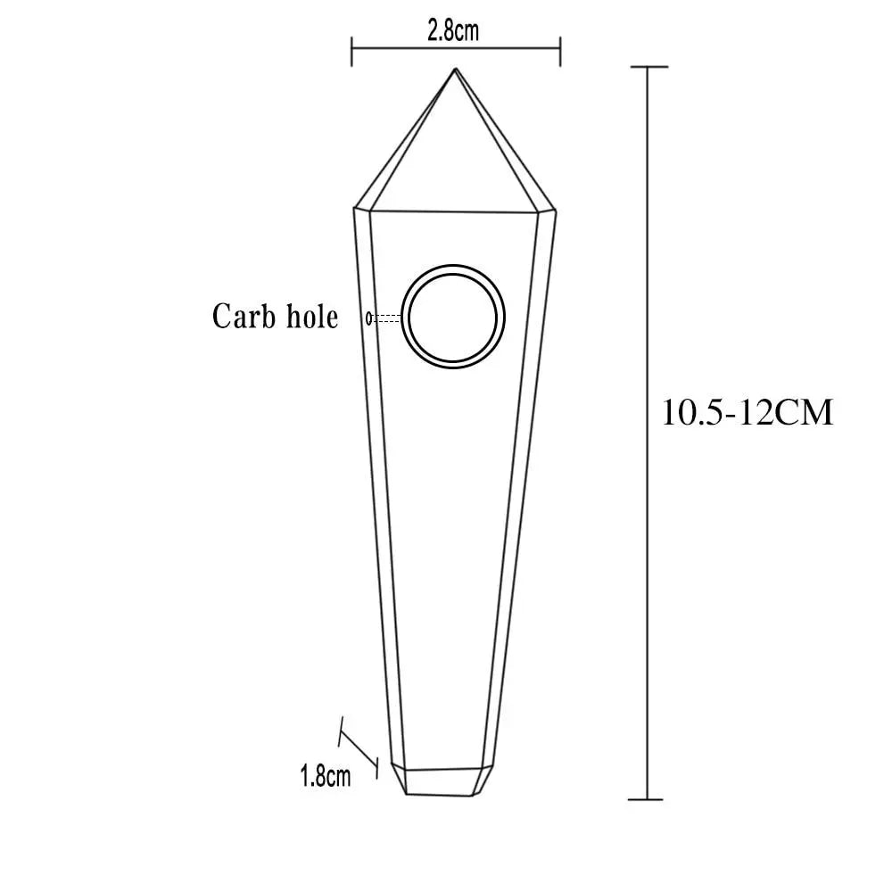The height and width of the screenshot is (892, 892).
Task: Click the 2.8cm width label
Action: [x=453, y=30]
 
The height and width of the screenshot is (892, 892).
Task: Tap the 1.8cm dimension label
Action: [x=326, y=775]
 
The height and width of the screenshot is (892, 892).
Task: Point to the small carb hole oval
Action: [x=369, y=318]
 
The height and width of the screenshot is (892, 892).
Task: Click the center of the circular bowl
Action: [x=453, y=317]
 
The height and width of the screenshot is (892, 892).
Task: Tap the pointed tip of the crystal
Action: [x=455, y=69]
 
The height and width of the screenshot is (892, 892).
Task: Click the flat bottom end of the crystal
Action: [x=440, y=794]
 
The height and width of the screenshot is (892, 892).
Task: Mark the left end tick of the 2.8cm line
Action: [x=352, y=51]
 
